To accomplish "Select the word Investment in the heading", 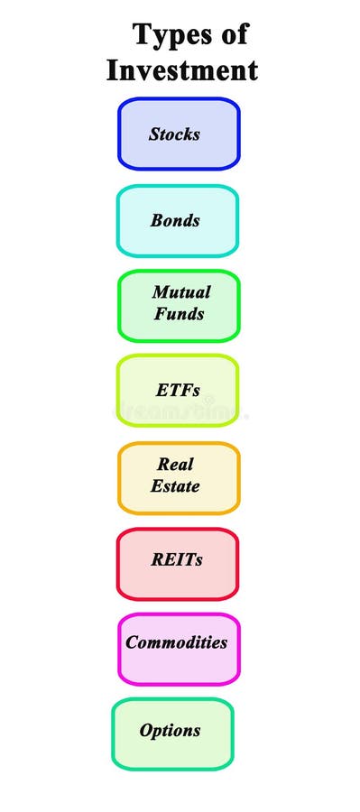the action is pos(182,69).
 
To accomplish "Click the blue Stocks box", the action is pos(179,134).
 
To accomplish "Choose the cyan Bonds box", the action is pos(178,220).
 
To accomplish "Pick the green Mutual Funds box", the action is pos(179,306).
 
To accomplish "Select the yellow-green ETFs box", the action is pos(178,390).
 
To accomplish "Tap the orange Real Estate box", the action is pos(178,477).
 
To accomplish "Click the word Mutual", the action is pos(181,292).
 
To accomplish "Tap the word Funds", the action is pos(179,315).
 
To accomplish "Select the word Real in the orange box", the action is pos(176,465).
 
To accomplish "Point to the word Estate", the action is pos(176,486).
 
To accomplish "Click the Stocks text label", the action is pos(174,134).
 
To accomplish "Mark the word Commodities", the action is pos(176,642).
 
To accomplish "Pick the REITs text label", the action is pos(177,559).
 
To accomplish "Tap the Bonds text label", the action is pos(175,220).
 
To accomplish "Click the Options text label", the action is pos(170,730).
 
